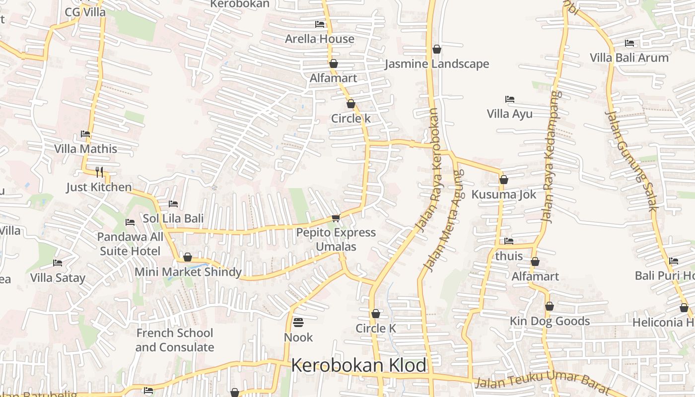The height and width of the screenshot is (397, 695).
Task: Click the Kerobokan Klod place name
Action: pos(358,365)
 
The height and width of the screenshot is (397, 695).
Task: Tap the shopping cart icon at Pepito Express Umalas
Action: pos(336,218)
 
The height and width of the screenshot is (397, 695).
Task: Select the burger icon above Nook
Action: pos(298,323)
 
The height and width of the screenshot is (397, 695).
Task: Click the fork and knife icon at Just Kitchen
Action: pos(99,172)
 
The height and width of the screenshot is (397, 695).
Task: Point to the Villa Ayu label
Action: pos(509,114)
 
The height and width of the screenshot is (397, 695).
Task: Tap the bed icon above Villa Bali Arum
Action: pos(629,43)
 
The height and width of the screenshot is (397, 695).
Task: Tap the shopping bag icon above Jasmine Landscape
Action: pos(437,49)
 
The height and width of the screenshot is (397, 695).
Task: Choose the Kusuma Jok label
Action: pos(504,194)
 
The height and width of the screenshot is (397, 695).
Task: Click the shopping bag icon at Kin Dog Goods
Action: pos(549,307)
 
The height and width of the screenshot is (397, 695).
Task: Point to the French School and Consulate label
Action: pos(175,340)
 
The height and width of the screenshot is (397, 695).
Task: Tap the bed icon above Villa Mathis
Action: pos(85,134)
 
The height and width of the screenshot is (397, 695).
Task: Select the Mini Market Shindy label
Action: pos(188,272)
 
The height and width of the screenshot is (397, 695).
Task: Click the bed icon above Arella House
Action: pos(320,24)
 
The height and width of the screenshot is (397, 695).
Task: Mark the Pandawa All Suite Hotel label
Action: pos(130,244)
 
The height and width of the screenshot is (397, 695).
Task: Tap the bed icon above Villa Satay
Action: pos(58,263)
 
